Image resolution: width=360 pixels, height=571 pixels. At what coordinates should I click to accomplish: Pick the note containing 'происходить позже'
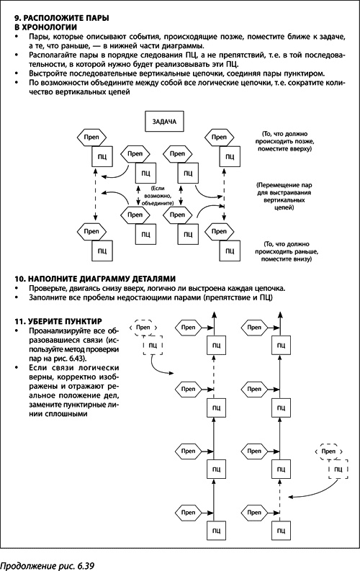(288, 140)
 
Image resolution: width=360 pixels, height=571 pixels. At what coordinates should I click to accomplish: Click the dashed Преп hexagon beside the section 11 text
(145, 328)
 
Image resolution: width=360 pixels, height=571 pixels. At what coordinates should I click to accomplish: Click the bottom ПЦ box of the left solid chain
(215, 530)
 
